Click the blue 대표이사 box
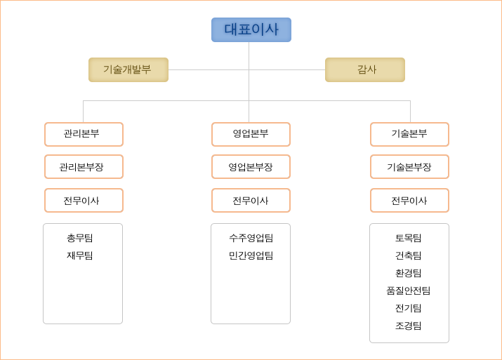251,29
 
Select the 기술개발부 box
128,69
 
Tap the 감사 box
365,69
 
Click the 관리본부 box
84,135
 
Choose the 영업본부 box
251,135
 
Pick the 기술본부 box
410,135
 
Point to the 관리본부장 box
84,167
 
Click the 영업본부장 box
251,167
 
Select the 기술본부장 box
410,167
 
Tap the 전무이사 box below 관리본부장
84,200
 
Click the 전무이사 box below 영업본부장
251,200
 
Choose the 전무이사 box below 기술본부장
410,200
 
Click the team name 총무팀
80,238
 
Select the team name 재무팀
80,255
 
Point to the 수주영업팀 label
251,238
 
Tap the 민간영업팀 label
251,255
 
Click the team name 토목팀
408,238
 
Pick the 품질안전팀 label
408,291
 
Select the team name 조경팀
408,326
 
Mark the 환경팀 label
408,273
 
